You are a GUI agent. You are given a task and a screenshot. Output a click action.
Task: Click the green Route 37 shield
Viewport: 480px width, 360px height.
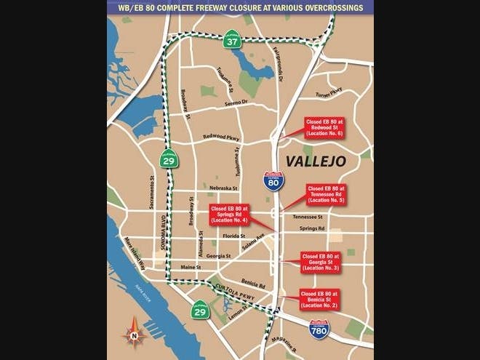[x=232, y=42]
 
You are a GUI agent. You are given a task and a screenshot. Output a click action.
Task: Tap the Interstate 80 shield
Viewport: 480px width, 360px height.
[x=273, y=180]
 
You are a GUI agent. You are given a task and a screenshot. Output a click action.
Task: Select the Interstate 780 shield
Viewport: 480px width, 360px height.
[x=319, y=329]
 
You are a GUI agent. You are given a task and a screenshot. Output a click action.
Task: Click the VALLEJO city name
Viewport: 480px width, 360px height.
[x=316, y=160]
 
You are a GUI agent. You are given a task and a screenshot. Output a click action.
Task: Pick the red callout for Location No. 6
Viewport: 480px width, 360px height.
[x=323, y=127]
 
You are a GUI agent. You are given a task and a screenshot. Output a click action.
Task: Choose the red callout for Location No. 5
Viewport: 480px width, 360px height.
[x=326, y=194]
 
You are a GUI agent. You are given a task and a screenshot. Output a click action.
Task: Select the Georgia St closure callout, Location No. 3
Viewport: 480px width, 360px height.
[x=321, y=262]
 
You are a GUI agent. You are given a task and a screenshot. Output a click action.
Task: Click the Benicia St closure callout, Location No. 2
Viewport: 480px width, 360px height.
[x=319, y=300]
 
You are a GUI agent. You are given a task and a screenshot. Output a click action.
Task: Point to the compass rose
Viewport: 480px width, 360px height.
[x=134, y=335]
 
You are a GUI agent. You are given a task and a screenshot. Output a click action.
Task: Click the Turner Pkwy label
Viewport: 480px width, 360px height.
[x=328, y=92]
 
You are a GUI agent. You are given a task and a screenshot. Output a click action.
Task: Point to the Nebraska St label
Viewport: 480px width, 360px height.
[x=223, y=188]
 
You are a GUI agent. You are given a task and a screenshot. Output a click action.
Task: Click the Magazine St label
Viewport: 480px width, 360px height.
[x=284, y=342]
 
